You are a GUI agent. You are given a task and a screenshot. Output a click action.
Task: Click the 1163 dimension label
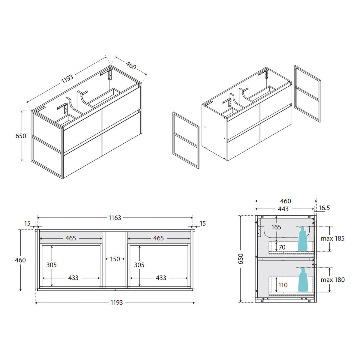115,218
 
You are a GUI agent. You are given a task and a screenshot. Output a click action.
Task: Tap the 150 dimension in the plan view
115,259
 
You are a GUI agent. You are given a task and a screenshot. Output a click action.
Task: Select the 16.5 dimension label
324,208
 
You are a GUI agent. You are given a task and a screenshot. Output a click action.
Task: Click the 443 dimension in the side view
283,209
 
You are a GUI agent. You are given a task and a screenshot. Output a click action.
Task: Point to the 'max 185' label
333,238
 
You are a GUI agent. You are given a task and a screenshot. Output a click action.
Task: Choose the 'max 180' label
333,280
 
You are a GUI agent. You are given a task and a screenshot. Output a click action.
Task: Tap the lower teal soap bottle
303,280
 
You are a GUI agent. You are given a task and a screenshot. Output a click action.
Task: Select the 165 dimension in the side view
276,227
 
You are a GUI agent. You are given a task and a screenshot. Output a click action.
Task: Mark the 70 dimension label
282,247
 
